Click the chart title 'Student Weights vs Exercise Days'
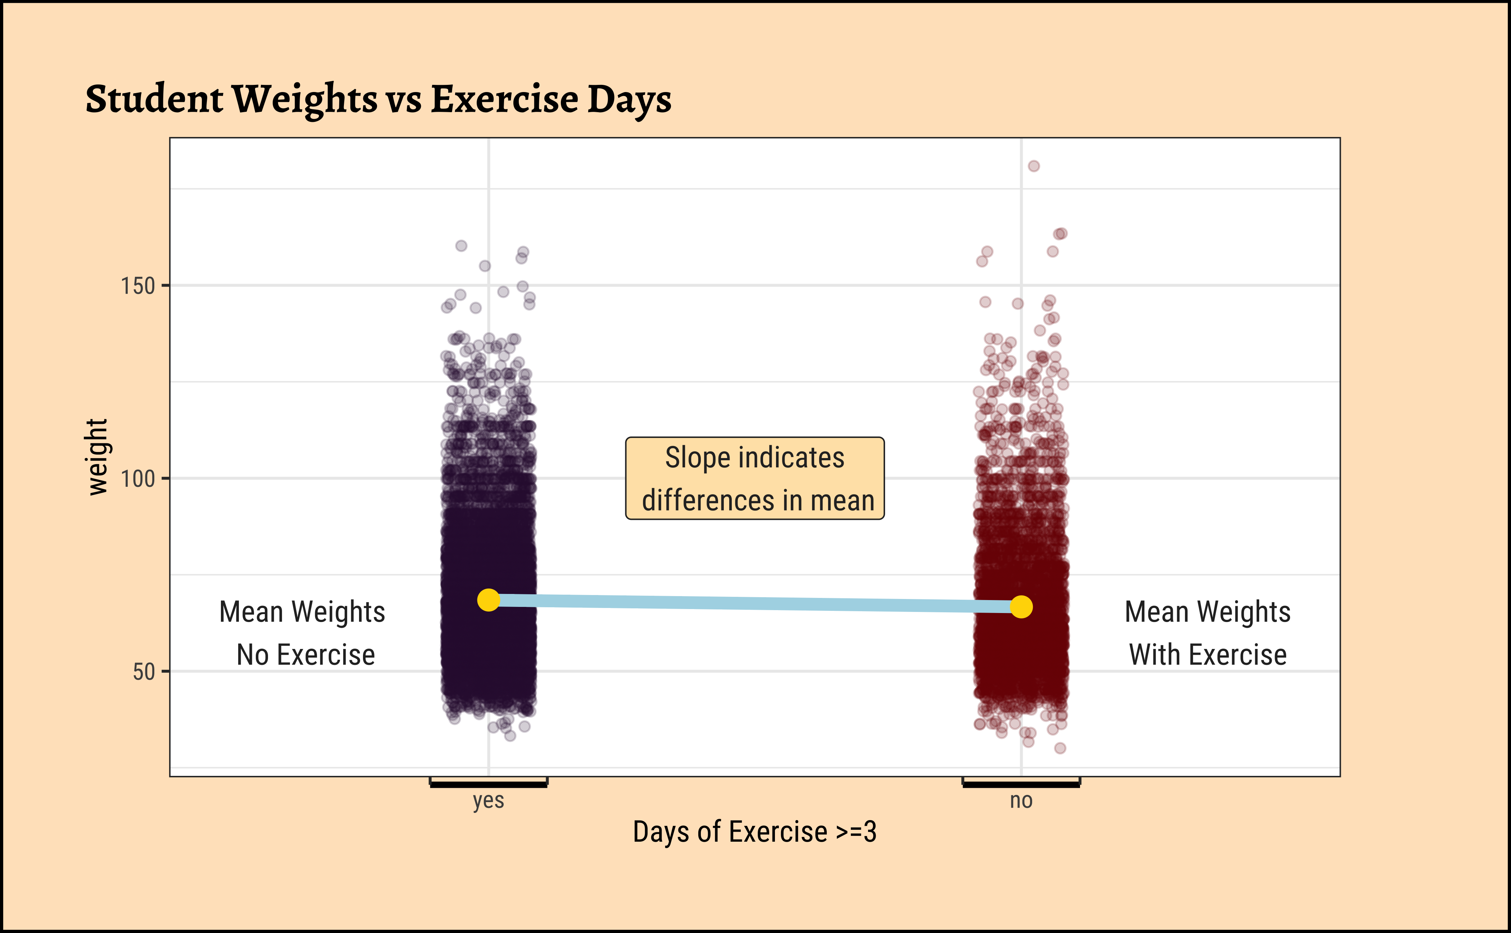coord(378,99)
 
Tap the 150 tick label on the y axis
coord(137,286)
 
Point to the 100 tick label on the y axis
coord(137,479)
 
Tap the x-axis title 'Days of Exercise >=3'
coord(754,832)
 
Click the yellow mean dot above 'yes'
coord(489,600)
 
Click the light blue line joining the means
coord(754,604)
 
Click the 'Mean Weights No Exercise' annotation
coord(303,633)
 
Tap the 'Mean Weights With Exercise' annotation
coord(1208,633)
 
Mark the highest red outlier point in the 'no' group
coord(1034,166)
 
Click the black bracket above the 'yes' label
coord(489,784)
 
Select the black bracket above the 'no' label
coord(1021,784)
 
